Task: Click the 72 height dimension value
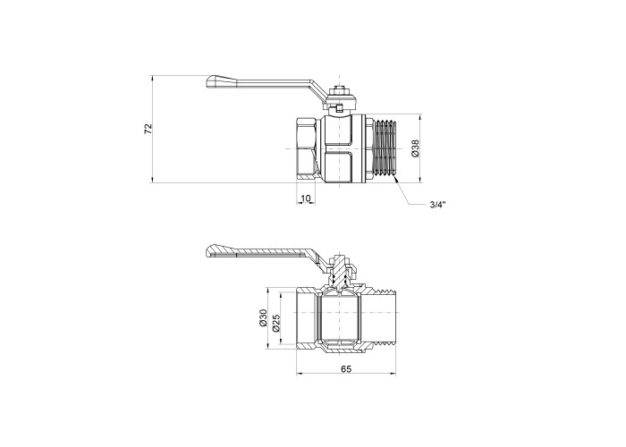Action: pyautogui.click(x=148, y=129)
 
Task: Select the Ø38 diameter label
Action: pyautogui.click(x=415, y=148)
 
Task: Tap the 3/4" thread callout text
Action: pyautogui.click(x=437, y=205)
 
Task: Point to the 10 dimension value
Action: pyautogui.click(x=306, y=198)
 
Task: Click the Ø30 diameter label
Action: pyautogui.click(x=262, y=317)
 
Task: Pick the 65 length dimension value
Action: pyautogui.click(x=346, y=369)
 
